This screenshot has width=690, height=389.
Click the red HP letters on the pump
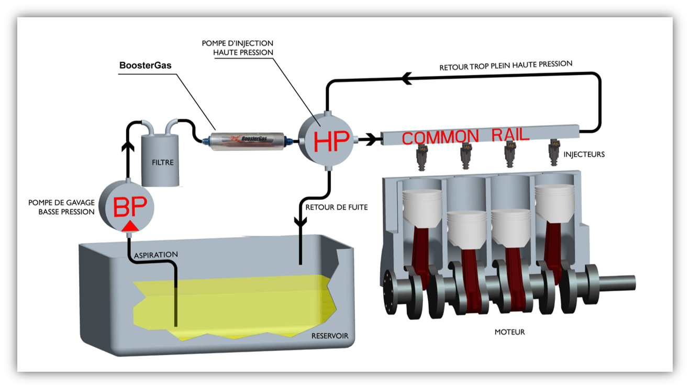coord(331,141)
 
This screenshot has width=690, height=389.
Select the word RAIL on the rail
coord(510,134)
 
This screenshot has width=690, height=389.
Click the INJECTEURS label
coord(584,154)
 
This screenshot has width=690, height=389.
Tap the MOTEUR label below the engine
coord(509,332)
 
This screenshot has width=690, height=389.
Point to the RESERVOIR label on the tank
coord(329,336)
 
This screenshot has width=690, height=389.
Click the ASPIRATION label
coord(157,255)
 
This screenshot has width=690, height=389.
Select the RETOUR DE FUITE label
coord(336,207)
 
